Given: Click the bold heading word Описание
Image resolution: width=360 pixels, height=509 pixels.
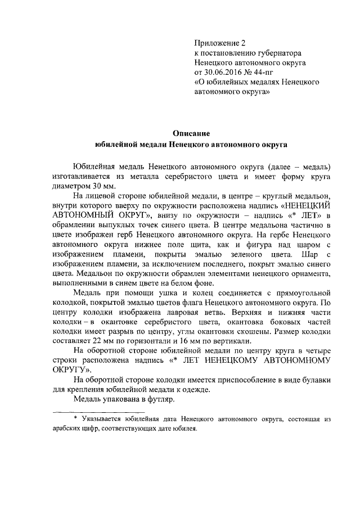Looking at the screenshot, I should coord(191,133).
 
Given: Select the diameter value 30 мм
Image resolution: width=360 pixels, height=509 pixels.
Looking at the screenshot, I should coord(101,186).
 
